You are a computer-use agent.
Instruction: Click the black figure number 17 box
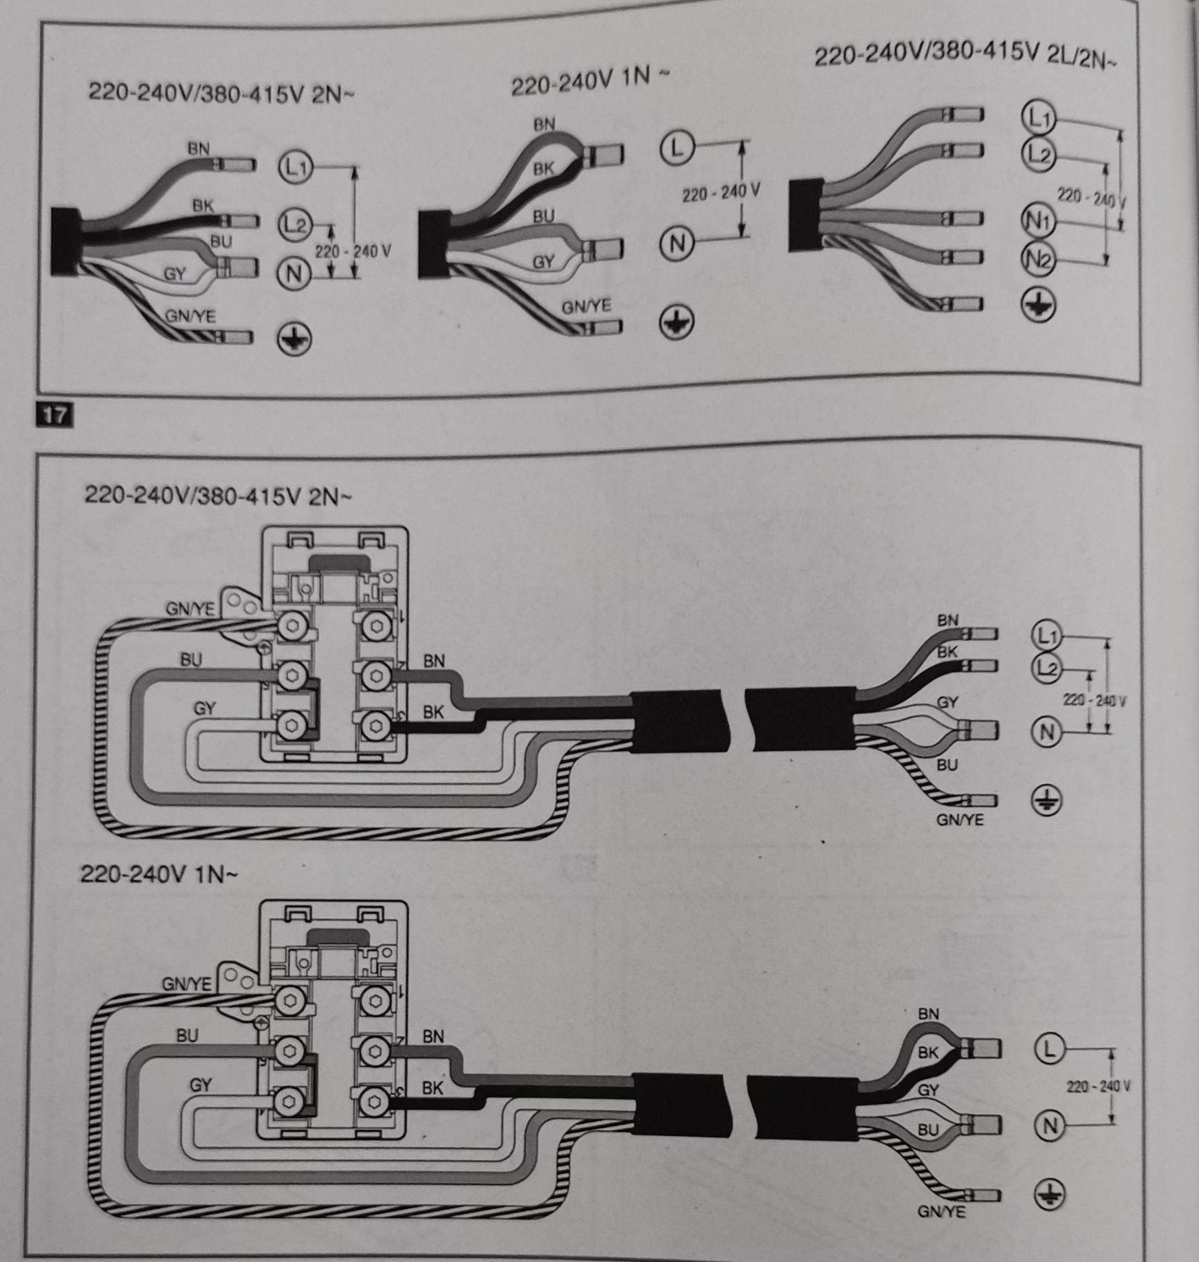click(54, 415)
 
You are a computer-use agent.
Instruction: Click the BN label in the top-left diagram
click(199, 148)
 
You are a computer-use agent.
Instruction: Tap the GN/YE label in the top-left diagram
click(190, 316)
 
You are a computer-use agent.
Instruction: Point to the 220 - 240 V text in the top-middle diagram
click(720, 194)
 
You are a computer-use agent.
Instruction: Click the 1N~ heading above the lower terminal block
click(159, 874)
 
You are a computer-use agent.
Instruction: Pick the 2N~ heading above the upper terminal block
click(217, 495)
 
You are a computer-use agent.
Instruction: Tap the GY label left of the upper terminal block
click(204, 708)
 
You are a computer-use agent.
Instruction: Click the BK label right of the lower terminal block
click(432, 1088)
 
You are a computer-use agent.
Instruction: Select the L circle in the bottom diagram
click(1049, 1048)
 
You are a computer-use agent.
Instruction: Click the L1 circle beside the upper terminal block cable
click(1046, 637)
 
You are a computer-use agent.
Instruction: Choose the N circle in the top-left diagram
click(294, 274)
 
